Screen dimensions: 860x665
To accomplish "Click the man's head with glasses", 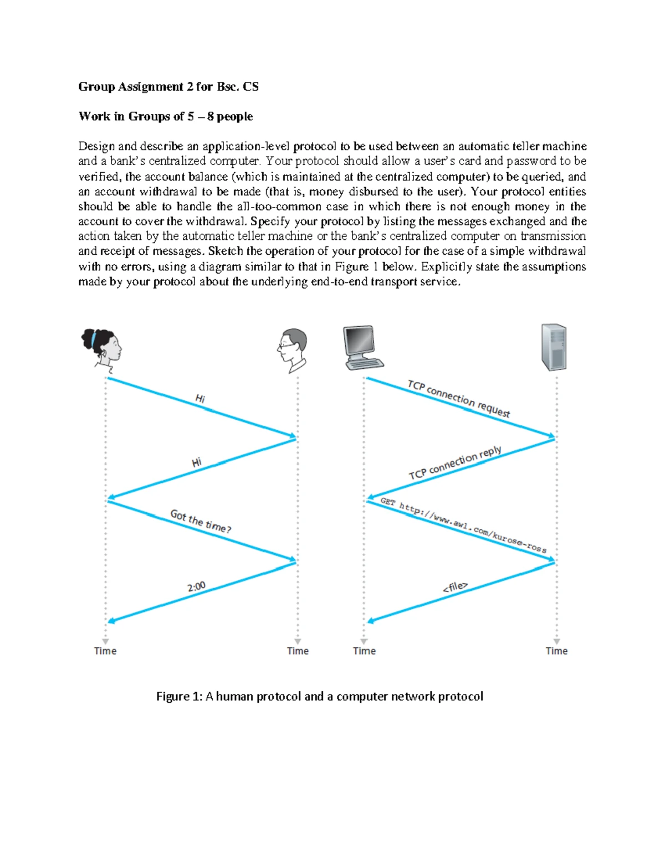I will coord(292,351).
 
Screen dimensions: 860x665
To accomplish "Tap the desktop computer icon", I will coord(362,347).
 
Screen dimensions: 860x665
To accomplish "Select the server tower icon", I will coord(554,347).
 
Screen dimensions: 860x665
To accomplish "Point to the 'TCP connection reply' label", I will coord(456,463).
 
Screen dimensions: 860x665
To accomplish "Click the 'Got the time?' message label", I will coord(201,521).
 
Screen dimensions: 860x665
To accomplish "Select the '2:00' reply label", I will coord(196,586).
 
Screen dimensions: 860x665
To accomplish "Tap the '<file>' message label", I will coord(455,587).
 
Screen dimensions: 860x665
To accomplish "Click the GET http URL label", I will coord(463,525).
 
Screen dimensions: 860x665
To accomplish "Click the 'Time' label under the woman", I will coord(105,651).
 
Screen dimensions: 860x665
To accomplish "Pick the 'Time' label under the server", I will coord(556,651).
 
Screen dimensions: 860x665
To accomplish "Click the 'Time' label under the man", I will coord(298,651).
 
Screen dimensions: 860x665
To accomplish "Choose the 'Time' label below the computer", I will coord(364,651).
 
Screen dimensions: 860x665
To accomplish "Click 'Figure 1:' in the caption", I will coord(179,697).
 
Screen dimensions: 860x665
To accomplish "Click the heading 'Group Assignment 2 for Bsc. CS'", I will coord(168,86).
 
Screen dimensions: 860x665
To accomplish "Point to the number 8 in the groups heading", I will coord(211,116).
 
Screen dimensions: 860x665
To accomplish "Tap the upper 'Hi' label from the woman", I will coord(200,399).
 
